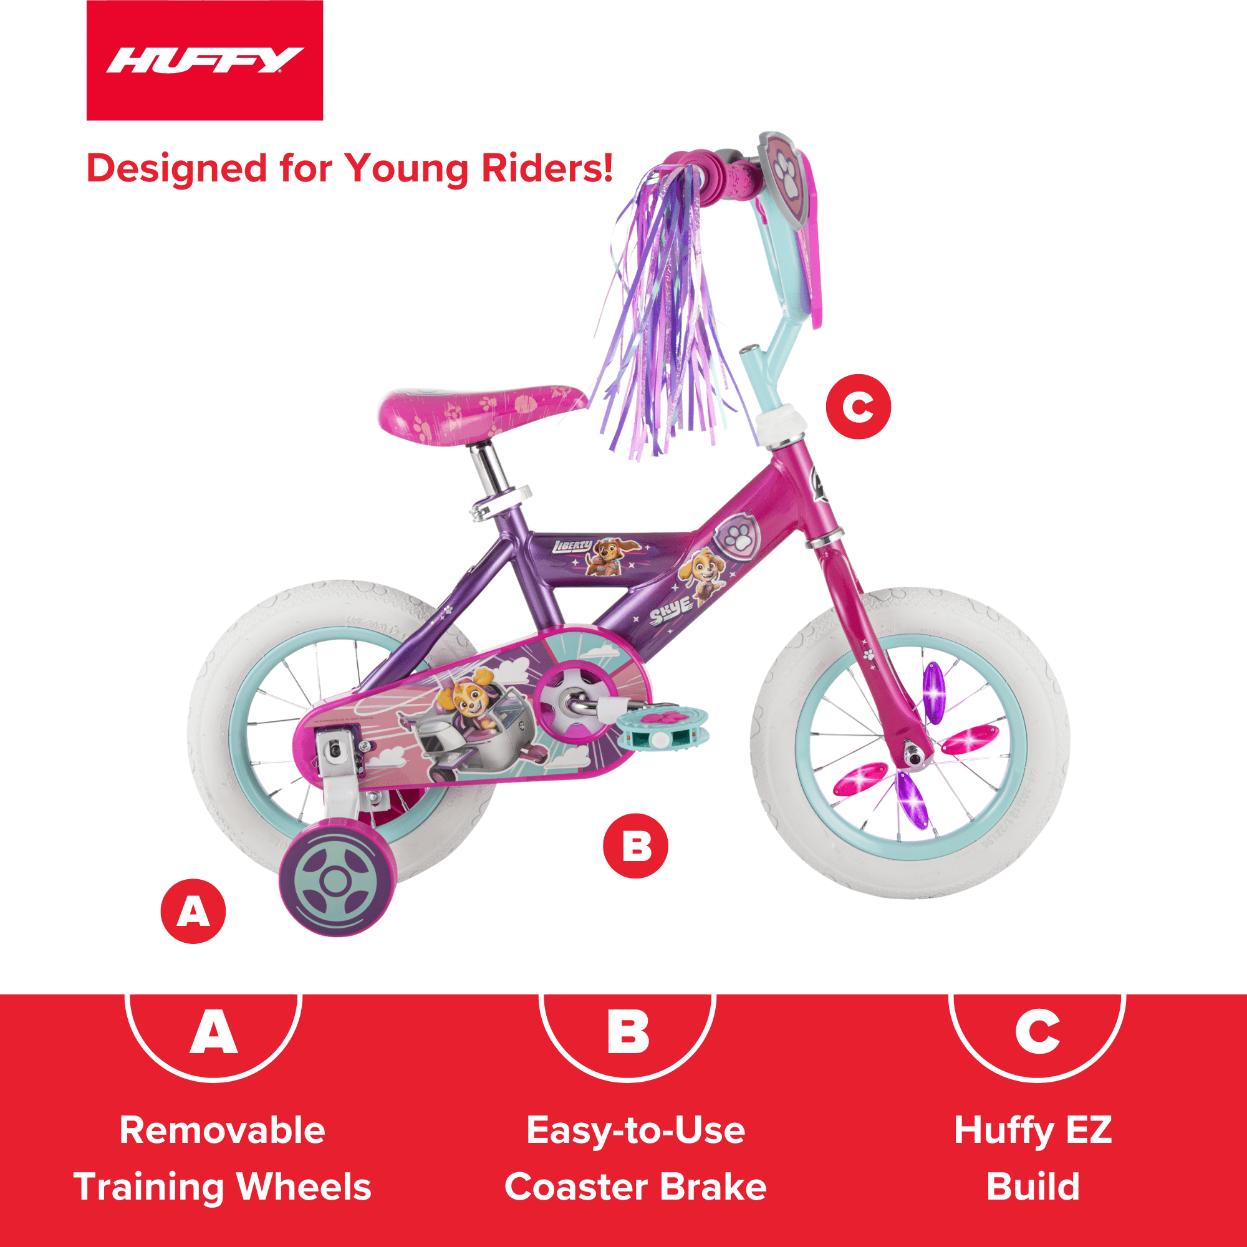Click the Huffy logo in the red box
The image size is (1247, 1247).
click(204, 60)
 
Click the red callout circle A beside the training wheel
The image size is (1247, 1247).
click(193, 912)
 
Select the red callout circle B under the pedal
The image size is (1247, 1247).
click(635, 845)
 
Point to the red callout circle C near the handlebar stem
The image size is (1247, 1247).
click(858, 407)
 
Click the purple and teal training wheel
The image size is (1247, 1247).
click(335, 880)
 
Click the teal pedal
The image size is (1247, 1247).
click(662, 726)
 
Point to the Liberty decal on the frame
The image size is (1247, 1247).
click(572, 547)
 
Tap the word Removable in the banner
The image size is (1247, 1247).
click(222, 1130)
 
